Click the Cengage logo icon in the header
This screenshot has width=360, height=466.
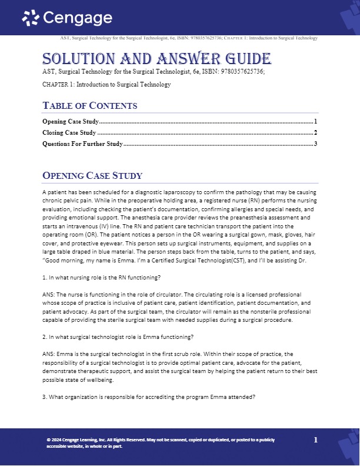[x=31, y=19]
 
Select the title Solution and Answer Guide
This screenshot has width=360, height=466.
[x=156, y=59]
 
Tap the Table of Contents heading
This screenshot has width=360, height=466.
[x=90, y=106]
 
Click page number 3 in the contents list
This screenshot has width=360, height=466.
[x=316, y=144]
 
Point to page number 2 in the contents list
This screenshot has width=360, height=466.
[x=316, y=132]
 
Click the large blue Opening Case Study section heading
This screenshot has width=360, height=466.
[x=92, y=176]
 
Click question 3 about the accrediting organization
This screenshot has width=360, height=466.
[x=149, y=397]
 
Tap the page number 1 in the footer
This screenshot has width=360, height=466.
[x=316, y=440]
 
